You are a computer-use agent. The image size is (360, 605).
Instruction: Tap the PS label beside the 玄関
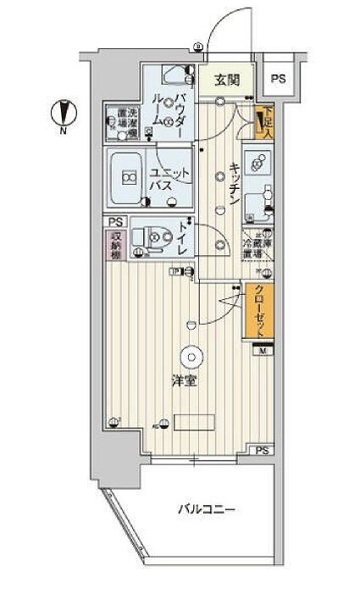pyautogui.click(x=278, y=79)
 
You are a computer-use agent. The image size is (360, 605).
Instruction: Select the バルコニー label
pyautogui.click(x=206, y=509)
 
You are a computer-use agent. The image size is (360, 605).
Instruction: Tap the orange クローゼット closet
pyautogui.click(x=259, y=310)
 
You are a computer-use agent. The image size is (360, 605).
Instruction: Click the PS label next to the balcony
pyautogui.click(x=263, y=450)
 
